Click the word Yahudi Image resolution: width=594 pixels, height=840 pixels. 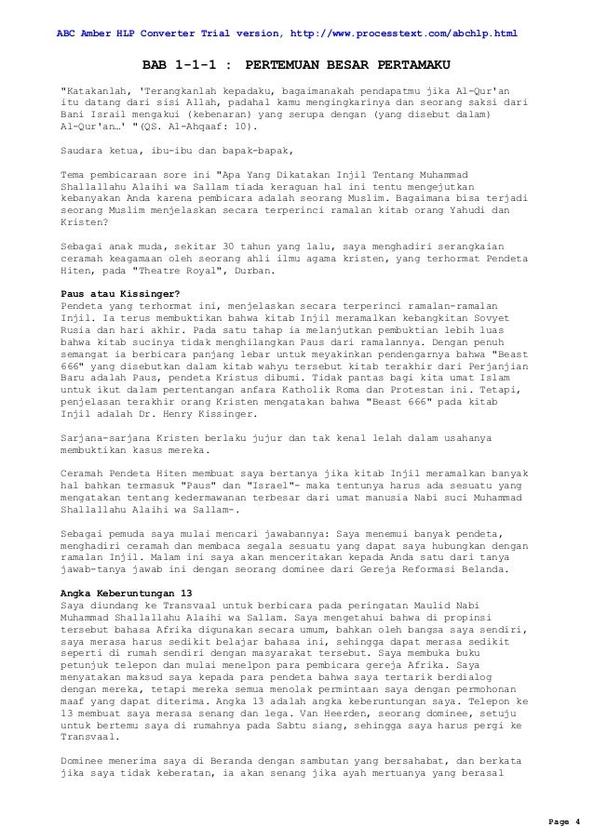point(472,210)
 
